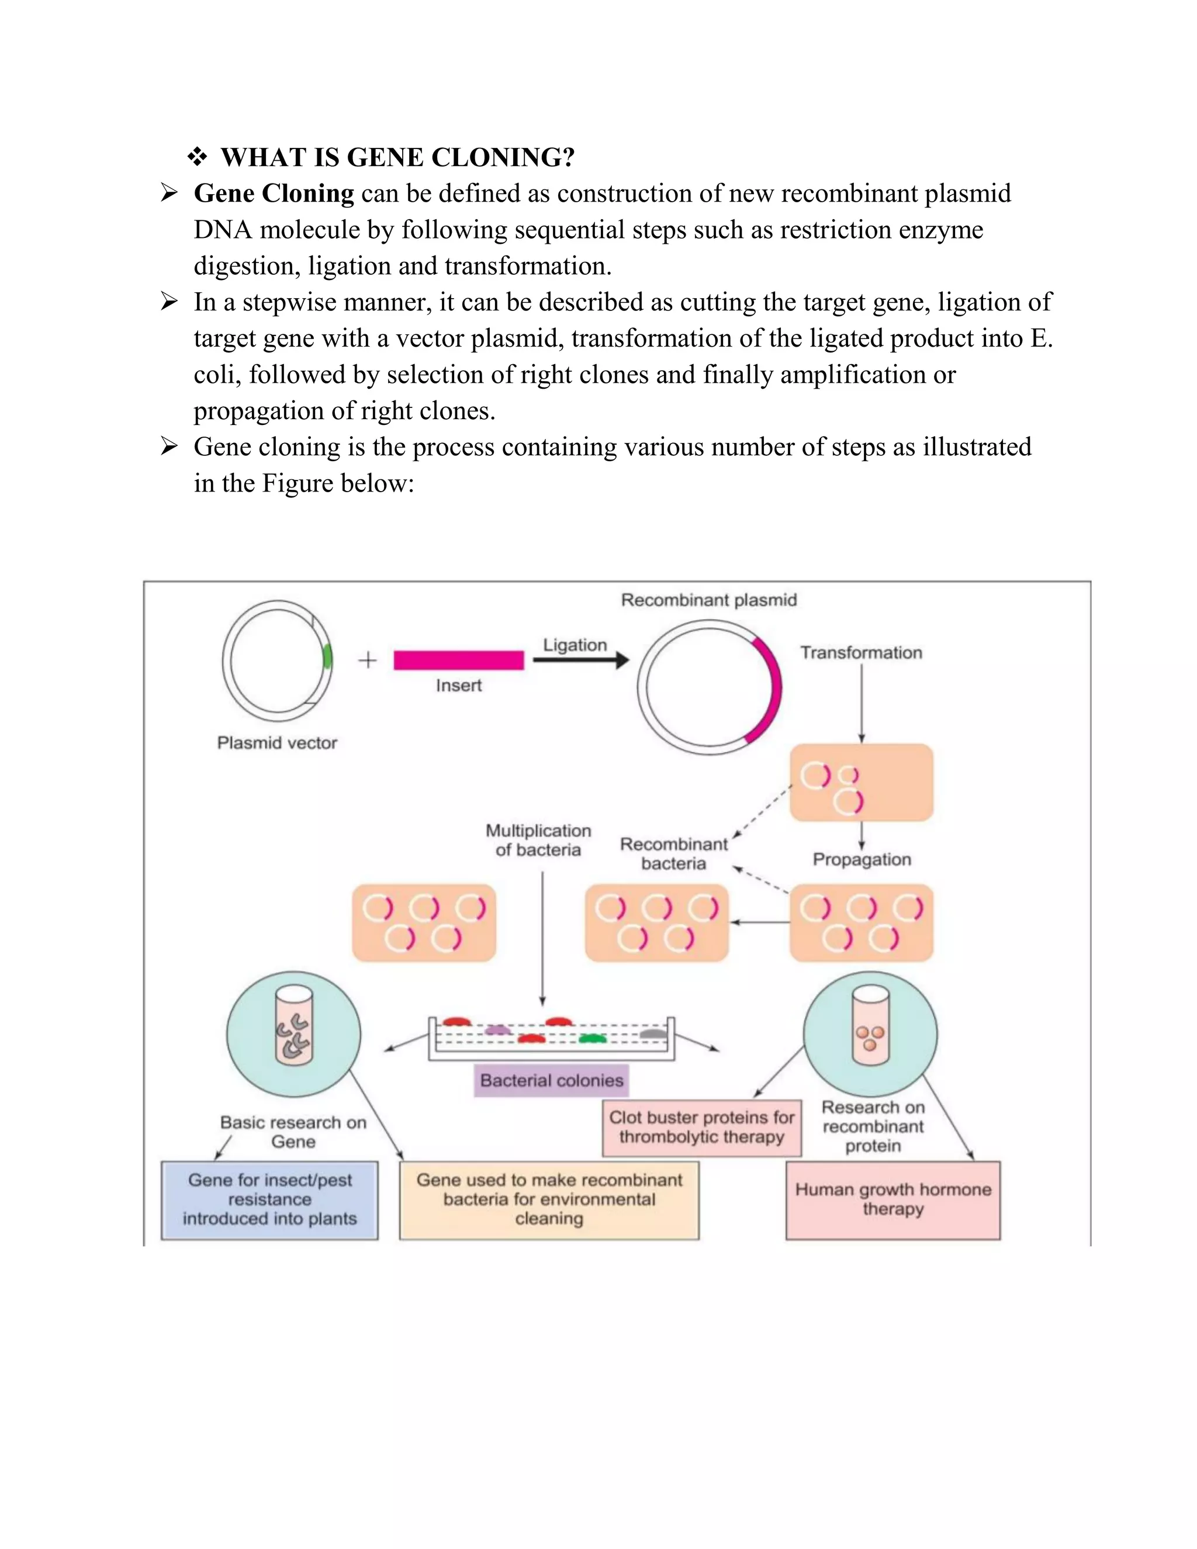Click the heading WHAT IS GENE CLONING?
click(x=397, y=157)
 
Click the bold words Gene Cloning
click(x=274, y=193)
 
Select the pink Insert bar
click(x=459, y=661)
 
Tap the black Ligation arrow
click(x=580, y=661)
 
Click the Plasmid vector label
click(x=276, y=742)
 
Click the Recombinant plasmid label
click(x=708, y=600)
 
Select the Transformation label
click(x=861, y=652)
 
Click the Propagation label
click(x=861, y=860)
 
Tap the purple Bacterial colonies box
click(x=551, y=1080)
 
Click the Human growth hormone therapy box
click(x=893, y=1199)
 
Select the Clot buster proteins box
click(x=701, y=1127)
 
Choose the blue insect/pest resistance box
click(x=269, y=1199)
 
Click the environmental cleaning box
click(x=549, y=1199)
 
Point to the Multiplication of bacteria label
click(x=538, y=841)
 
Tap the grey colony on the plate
click(x=653, y=1034)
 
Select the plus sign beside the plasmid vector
click(x=367, y=661)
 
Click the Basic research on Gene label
click(x=293, y=1132)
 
